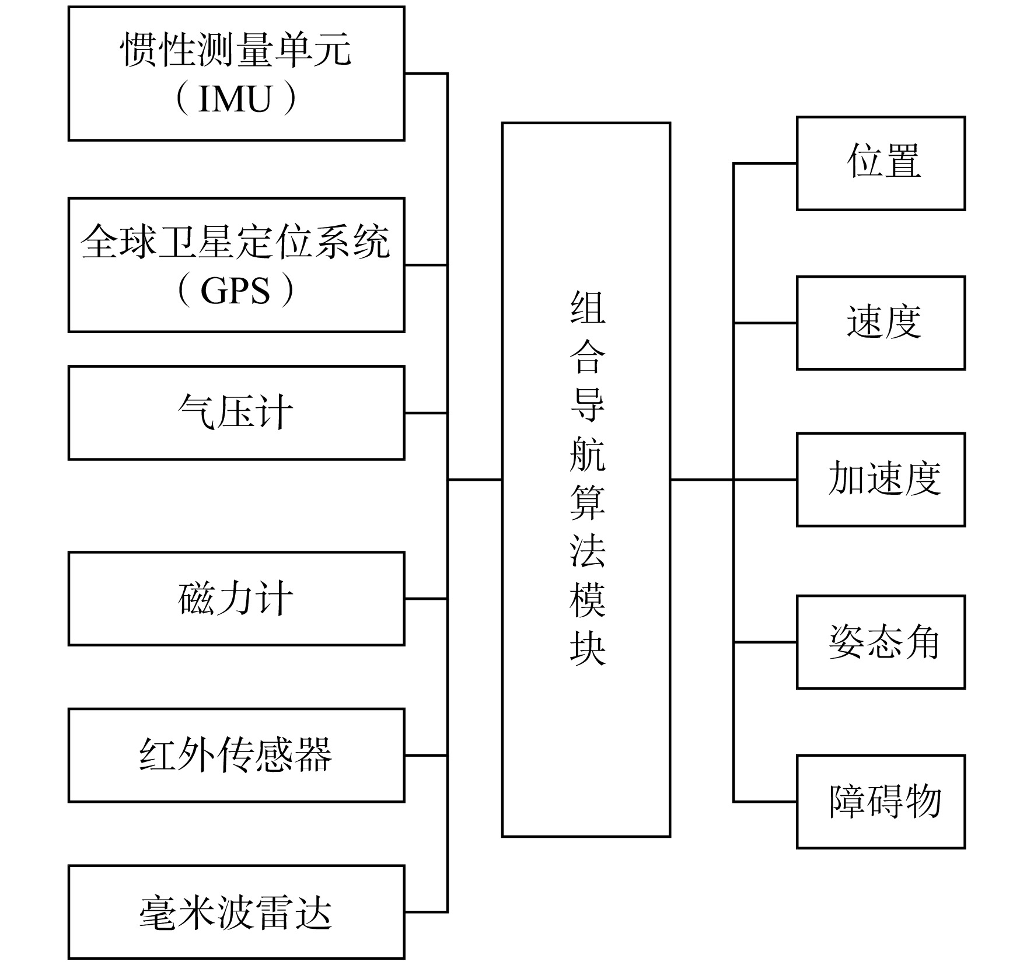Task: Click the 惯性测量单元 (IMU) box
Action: click(236, 74)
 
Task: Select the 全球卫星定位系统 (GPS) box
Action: click(236, 265)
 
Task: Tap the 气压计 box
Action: click(236, 413)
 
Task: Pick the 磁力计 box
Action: click(236, 599)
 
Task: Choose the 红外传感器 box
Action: click(236, 756)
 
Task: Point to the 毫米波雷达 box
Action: click(236, 912)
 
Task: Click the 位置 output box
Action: click(881, 163)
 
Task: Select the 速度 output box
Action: click(881, 323)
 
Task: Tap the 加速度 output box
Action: click(881, 480)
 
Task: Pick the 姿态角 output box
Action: click(881, 642)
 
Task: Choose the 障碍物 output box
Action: click(881, 802)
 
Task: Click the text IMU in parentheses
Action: click(235, 99)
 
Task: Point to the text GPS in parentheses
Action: click(235, 291)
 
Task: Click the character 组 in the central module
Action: click(588, 307)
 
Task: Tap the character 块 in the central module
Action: click(588, 648)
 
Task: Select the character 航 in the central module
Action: click(588, 453)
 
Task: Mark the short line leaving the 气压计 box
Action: click(426, 413)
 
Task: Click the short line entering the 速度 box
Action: click(765, 323)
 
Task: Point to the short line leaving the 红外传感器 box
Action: click(426, 756)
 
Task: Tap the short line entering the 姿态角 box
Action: click(765, 642)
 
